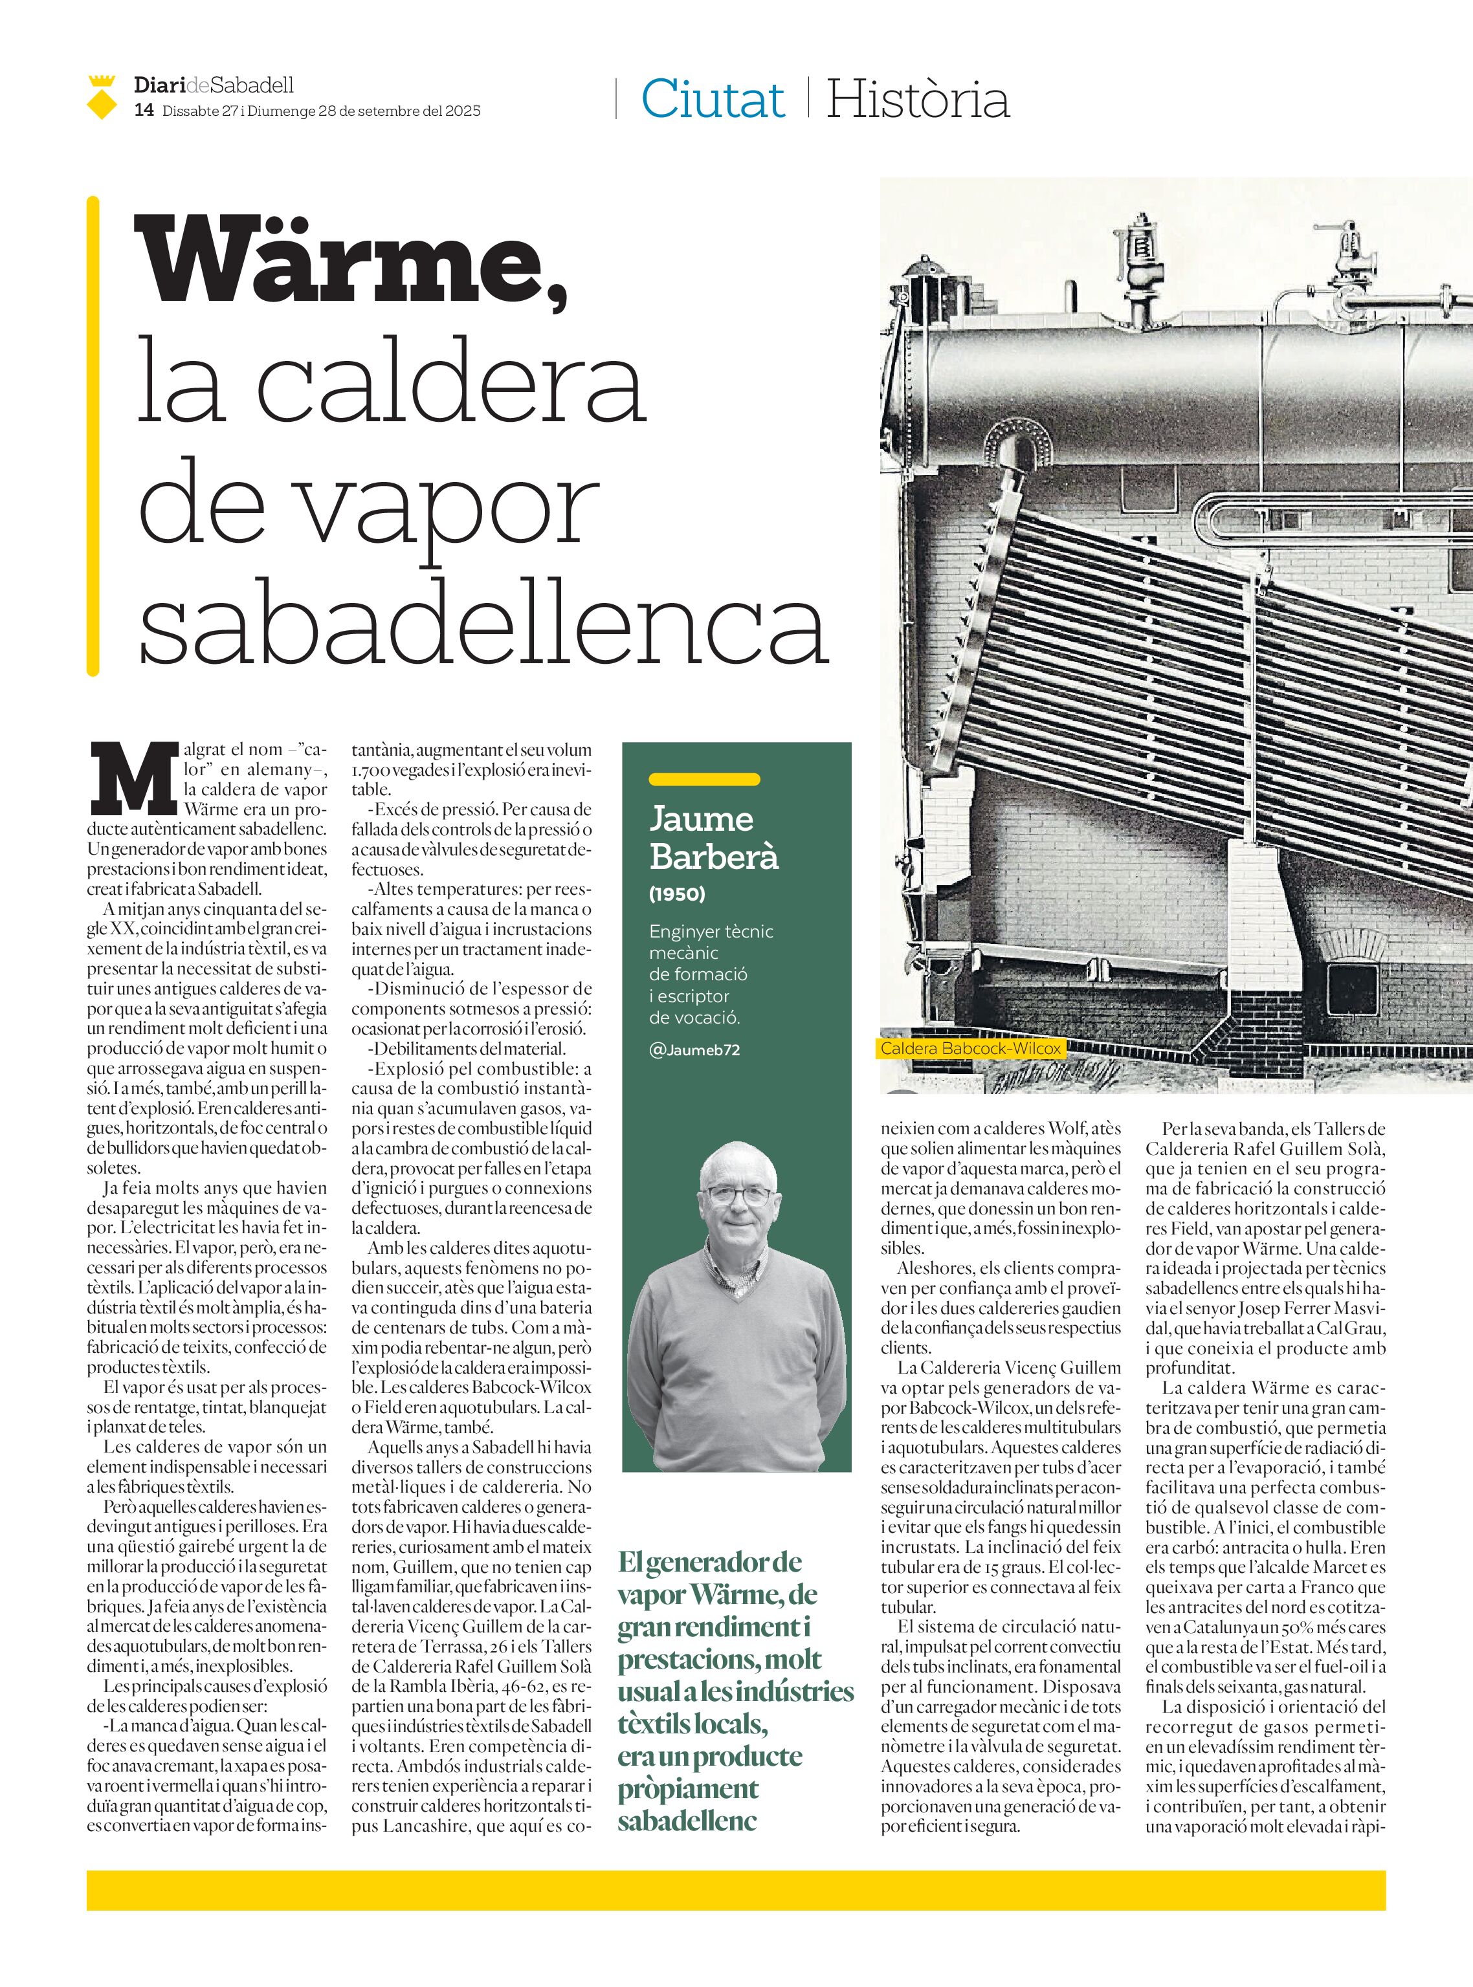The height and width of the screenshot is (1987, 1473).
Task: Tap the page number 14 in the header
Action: point(144,111)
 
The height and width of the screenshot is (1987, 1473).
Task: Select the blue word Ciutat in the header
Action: point(713,99)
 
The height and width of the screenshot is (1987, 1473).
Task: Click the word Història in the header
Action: point(918,99)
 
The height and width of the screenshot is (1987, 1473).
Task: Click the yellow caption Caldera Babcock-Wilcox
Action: point(970,1049)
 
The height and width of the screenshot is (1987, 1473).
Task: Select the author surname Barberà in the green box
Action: point(713,856)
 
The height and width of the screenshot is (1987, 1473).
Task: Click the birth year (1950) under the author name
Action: point(677,894)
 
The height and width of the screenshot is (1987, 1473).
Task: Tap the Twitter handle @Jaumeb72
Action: point(694,1049)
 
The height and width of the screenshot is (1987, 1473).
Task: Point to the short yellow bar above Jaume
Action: point(703,779)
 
